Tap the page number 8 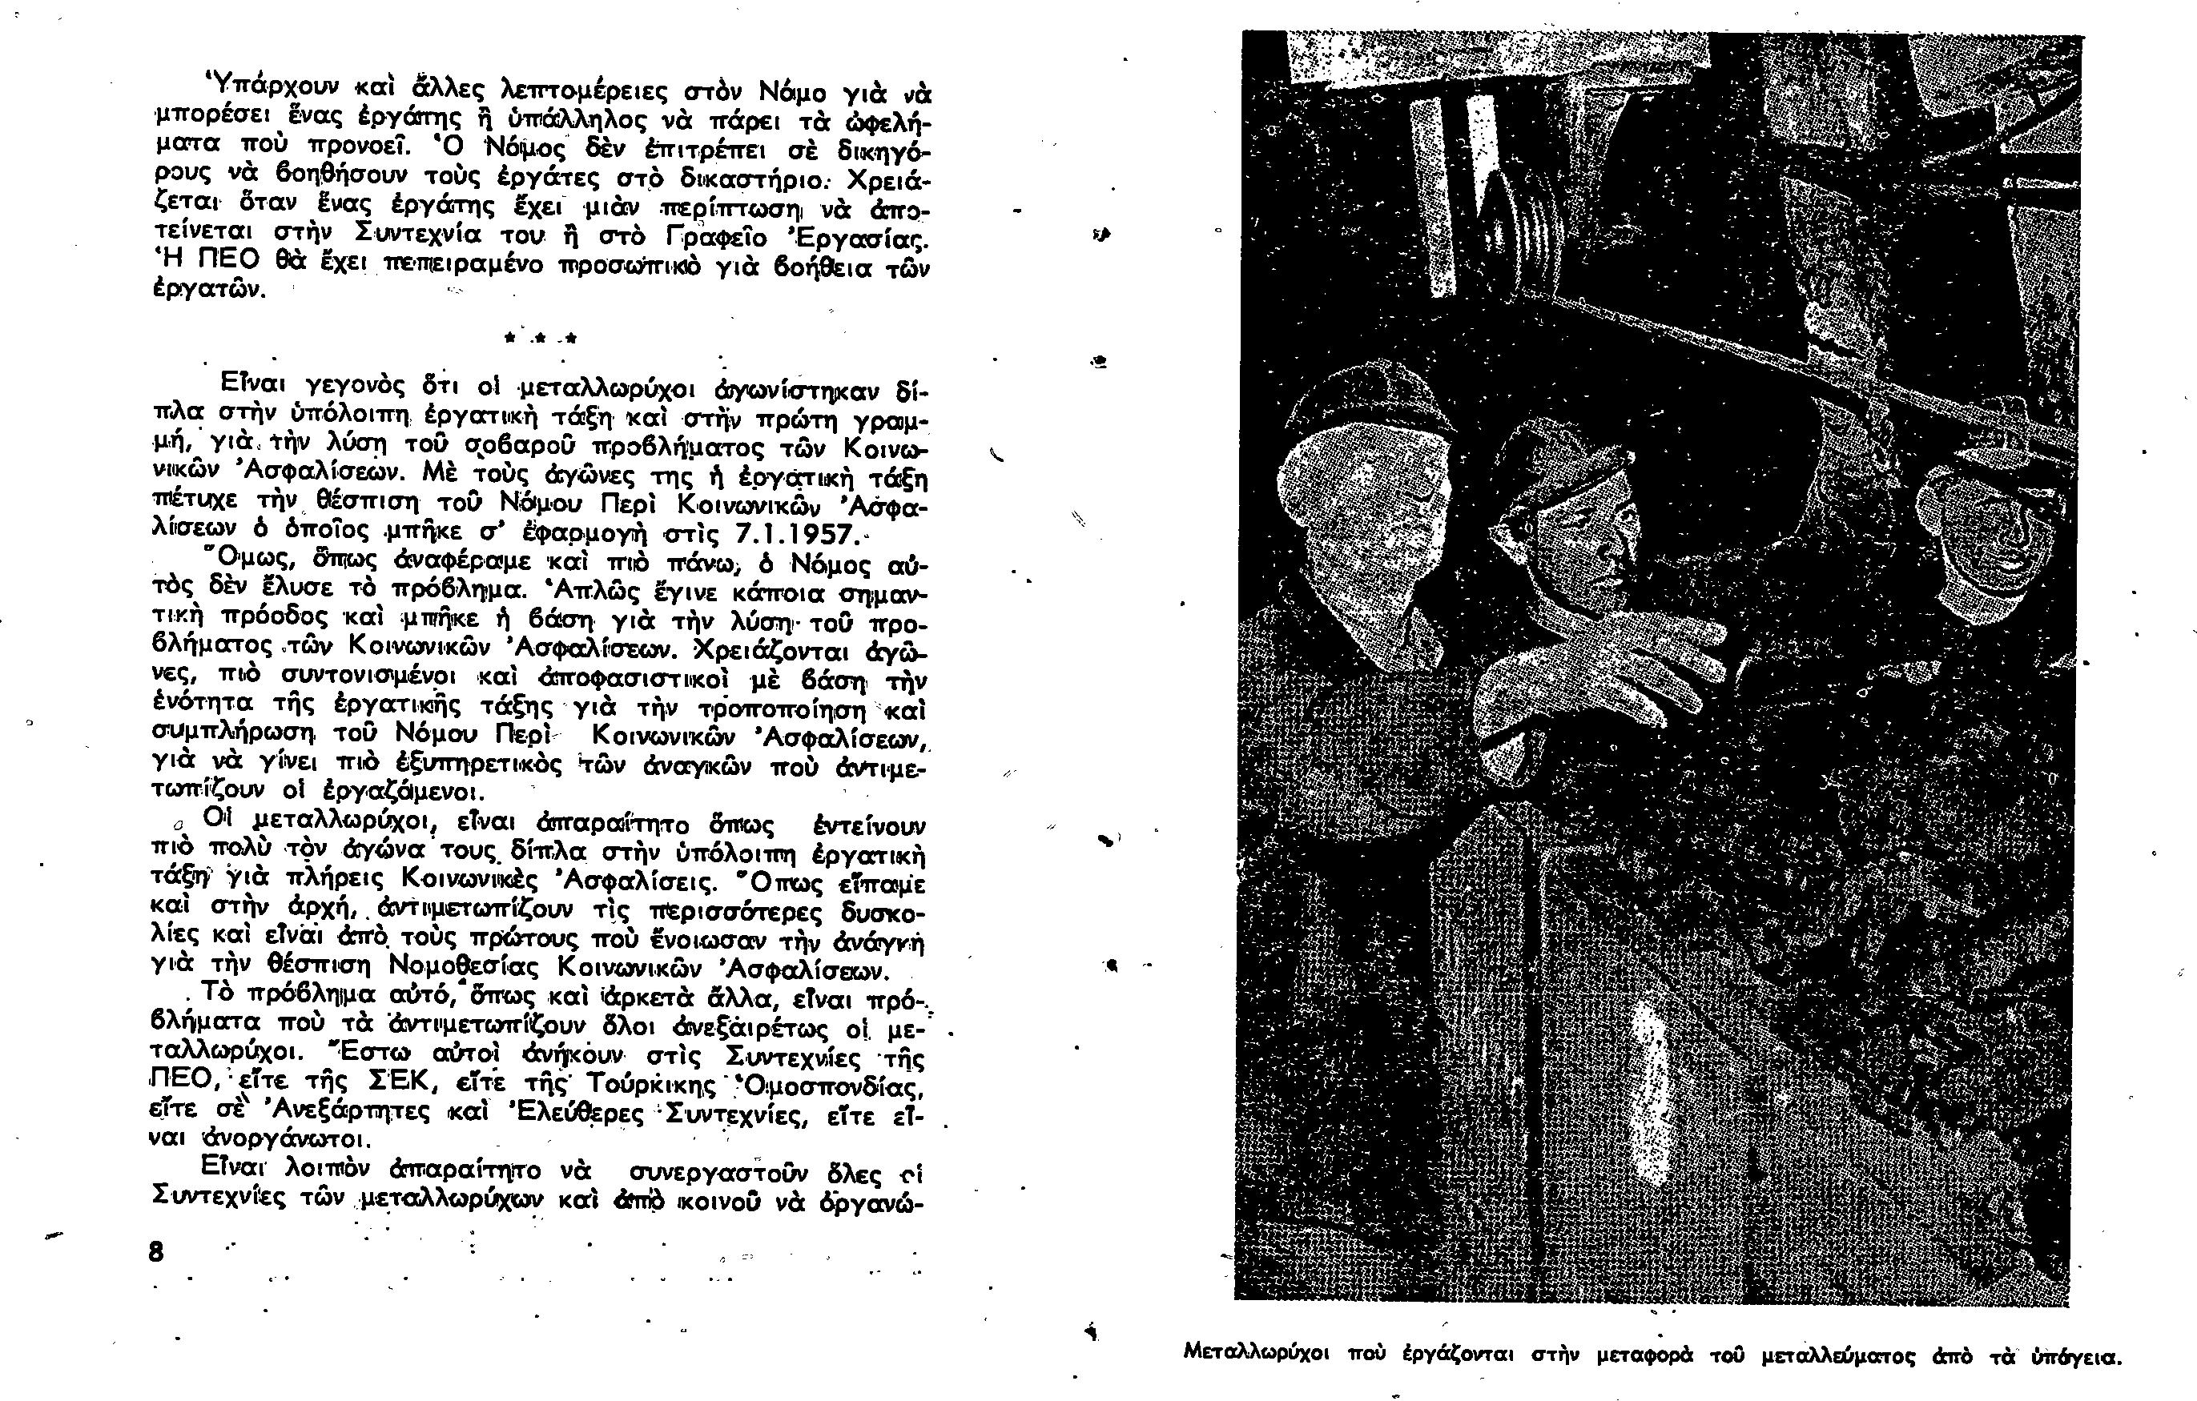(x=156, y=1252)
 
